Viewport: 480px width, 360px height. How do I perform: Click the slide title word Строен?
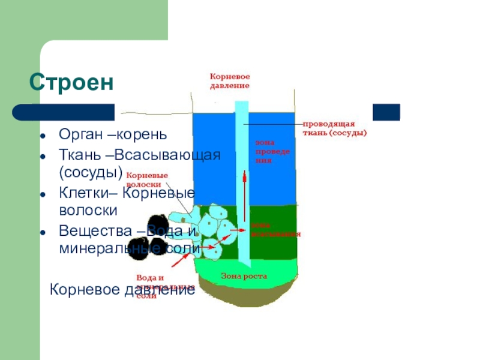coord(71,82)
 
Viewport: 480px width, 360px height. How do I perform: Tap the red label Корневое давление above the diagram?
coord(229,81)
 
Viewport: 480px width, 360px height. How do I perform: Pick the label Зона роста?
coord(244,277)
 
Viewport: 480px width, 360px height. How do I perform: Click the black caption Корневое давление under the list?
coord(122,290)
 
